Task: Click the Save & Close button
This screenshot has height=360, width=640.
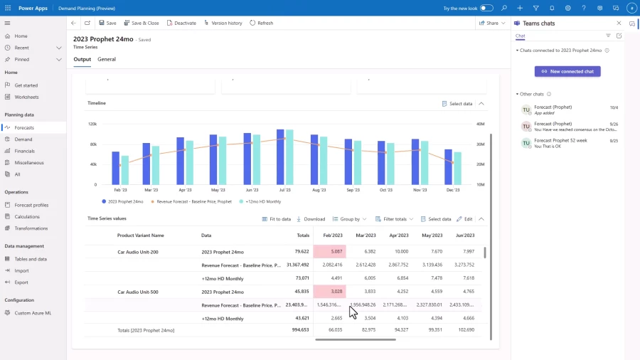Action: (142, 23)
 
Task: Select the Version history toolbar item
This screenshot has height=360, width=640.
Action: (223, 23)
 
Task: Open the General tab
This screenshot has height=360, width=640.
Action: (107, 59)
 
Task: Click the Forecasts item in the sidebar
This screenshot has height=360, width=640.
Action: (24, 127)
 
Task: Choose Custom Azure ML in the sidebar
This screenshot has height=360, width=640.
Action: (33, 313)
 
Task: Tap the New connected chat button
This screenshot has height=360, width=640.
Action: (567, 71)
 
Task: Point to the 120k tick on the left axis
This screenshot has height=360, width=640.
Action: (92, 124)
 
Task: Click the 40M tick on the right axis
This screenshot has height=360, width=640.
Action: (480, 124)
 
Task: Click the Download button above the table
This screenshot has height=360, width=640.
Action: (311, 219)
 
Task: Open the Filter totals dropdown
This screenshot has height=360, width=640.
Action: (394, 219)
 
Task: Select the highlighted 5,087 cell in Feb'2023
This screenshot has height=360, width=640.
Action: (329, 251)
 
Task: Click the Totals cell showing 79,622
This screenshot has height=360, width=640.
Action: (302, 251)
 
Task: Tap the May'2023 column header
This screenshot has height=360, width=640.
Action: (432, 235)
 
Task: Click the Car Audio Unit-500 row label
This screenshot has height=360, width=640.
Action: (138, 292)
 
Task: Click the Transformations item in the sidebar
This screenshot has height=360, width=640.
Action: (32, 228)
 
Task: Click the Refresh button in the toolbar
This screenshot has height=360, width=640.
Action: (261, 23)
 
